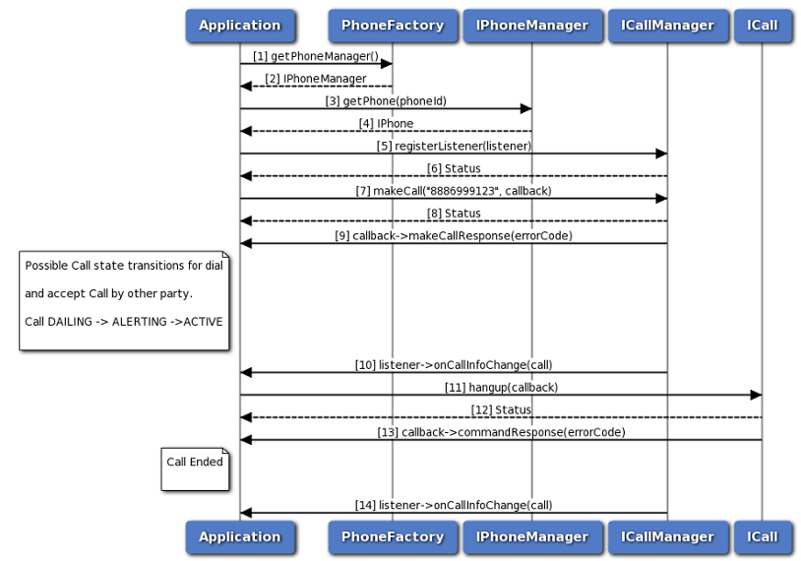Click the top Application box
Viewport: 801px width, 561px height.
click(x=239, y=26)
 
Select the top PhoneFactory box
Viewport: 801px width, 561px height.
click(x=392, y=26)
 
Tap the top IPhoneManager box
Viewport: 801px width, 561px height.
click(x=531, y=26)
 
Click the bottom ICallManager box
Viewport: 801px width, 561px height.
click(x=667, y=536)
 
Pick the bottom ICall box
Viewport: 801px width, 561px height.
click(x=762, y=536)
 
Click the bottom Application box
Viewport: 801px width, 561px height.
click(x=239, y=536)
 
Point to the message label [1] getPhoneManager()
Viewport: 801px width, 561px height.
click(x=315, y=56)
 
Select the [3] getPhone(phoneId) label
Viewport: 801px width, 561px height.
click(x=385, y=101)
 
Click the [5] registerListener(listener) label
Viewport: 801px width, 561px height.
click(x=454, y=146)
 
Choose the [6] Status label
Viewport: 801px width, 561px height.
click(x=454, y=168)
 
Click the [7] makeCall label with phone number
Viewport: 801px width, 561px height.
click(x=454, y=191)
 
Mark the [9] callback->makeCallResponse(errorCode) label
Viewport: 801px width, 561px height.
click(x=454, y=236)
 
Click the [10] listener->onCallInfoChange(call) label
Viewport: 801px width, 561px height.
click(x=454, y=365)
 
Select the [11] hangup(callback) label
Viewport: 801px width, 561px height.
click(x=501, y=388)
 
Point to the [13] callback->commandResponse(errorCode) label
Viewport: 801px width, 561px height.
click(x=501, y=432)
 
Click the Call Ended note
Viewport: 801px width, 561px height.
click(x=195, y=462)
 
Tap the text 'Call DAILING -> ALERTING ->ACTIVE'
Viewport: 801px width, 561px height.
click(x=124, y=321)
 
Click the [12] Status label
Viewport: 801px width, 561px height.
click(x=501, y=409)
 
